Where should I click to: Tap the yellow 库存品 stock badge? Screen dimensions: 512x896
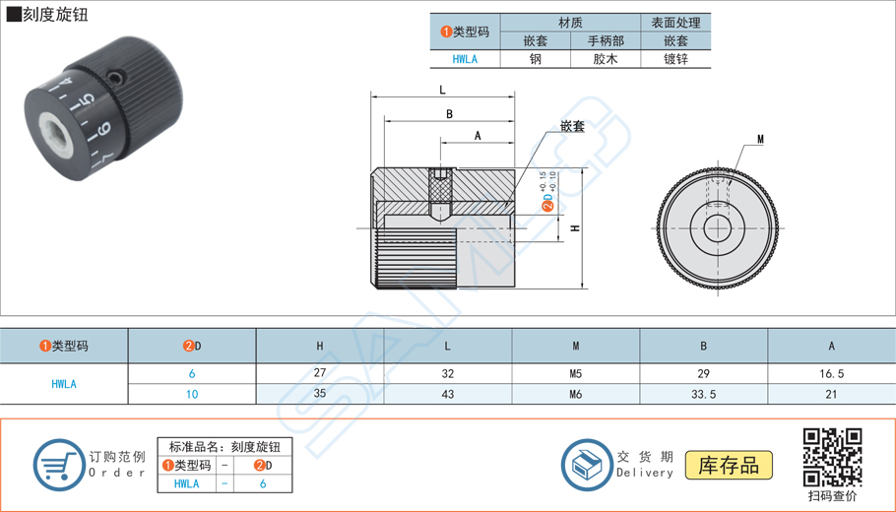coord(729,465)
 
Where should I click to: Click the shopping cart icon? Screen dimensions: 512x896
coord(59,465)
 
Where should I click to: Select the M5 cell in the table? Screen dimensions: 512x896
coord(576,374)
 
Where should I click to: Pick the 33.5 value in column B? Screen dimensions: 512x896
coord(704,394)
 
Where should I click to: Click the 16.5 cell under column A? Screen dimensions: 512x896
coord(831,374)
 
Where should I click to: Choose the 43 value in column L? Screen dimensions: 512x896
coord(448,394)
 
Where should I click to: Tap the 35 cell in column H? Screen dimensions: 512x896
coord(320,394)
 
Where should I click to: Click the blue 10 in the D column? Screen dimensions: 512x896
coord(192,394)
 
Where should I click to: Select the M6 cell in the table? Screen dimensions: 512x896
coord(576,394)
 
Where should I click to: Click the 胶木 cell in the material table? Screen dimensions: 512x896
coord(606,59)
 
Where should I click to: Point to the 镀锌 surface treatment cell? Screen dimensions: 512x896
coord(675,59)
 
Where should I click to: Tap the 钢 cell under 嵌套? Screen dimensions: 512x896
coord(536,59)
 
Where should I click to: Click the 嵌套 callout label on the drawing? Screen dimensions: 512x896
coord(572,127)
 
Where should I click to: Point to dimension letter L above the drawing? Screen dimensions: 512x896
coord(443,90)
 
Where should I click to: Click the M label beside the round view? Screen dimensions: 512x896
coord(760,140)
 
